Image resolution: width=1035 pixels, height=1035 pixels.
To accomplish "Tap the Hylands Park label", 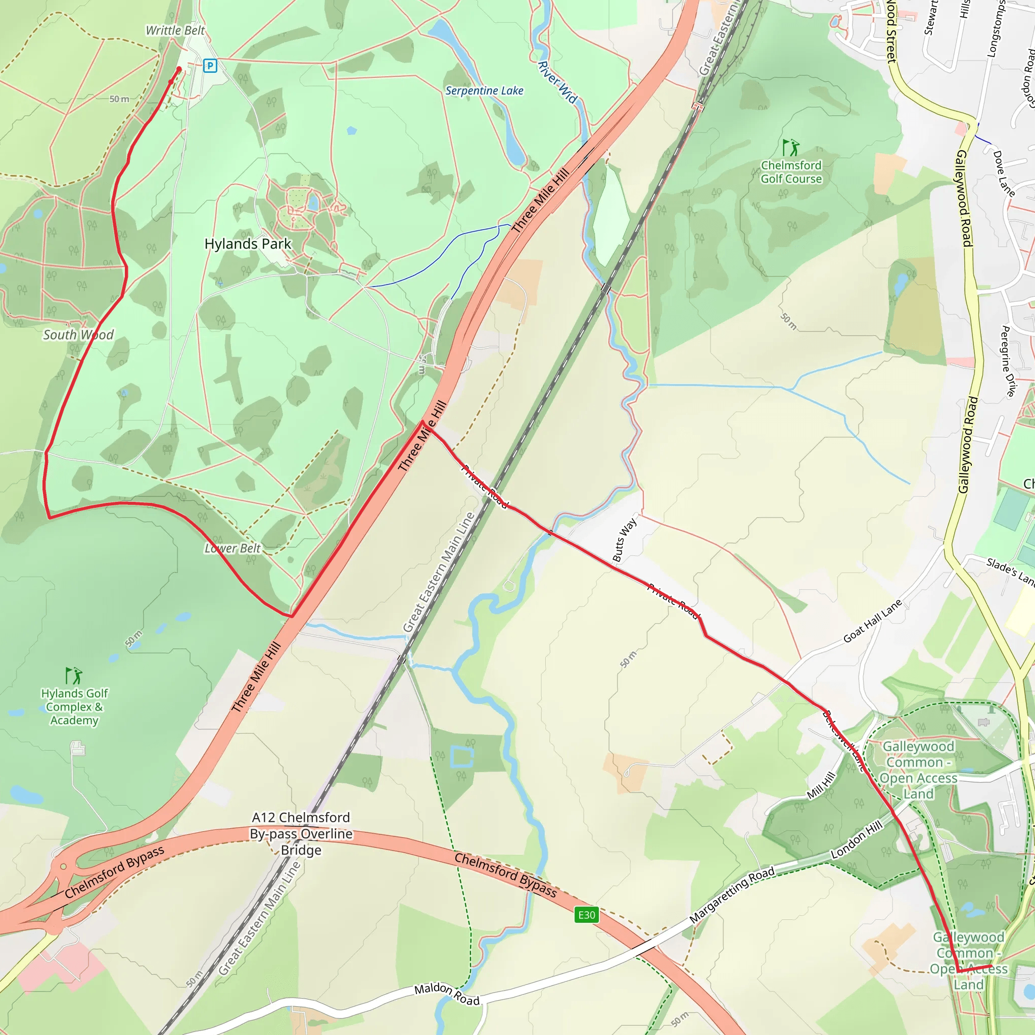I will pos(248,244).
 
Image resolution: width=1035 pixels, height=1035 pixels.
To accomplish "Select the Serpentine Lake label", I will pos(484,90).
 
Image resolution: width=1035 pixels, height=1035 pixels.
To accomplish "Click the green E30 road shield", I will pos(587,914).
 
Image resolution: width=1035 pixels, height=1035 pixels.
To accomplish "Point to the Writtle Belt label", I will pos(175,30).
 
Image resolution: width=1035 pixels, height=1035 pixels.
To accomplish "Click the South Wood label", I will pos(78,335).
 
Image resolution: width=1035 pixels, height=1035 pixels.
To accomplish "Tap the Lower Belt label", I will pos(232,548).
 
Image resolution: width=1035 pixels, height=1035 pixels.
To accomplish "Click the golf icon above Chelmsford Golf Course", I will pos(791,148).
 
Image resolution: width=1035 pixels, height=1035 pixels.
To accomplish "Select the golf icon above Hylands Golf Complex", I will pos(74,676).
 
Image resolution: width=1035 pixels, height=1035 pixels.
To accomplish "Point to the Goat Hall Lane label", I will pos(873,621).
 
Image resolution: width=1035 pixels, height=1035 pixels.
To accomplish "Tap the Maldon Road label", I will pos(447,994).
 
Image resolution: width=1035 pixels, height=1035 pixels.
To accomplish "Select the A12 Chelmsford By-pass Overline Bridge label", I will pos(301,833).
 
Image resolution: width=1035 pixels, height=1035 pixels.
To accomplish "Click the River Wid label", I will pos(557,82).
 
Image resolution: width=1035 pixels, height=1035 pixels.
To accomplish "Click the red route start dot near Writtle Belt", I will pos(179,69).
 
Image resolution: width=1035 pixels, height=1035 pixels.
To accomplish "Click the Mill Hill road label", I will pos(821,785).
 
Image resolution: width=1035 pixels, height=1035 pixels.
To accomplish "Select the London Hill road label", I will pos(856,839).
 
